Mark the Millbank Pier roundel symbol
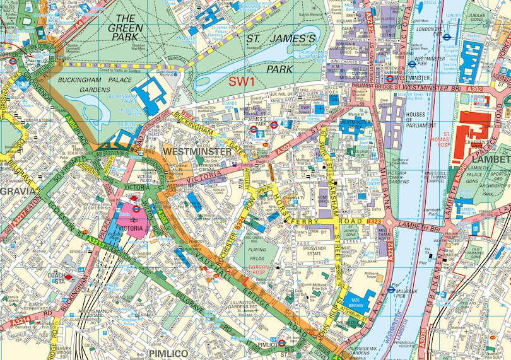(391, 289)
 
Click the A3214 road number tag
(20, 323)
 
